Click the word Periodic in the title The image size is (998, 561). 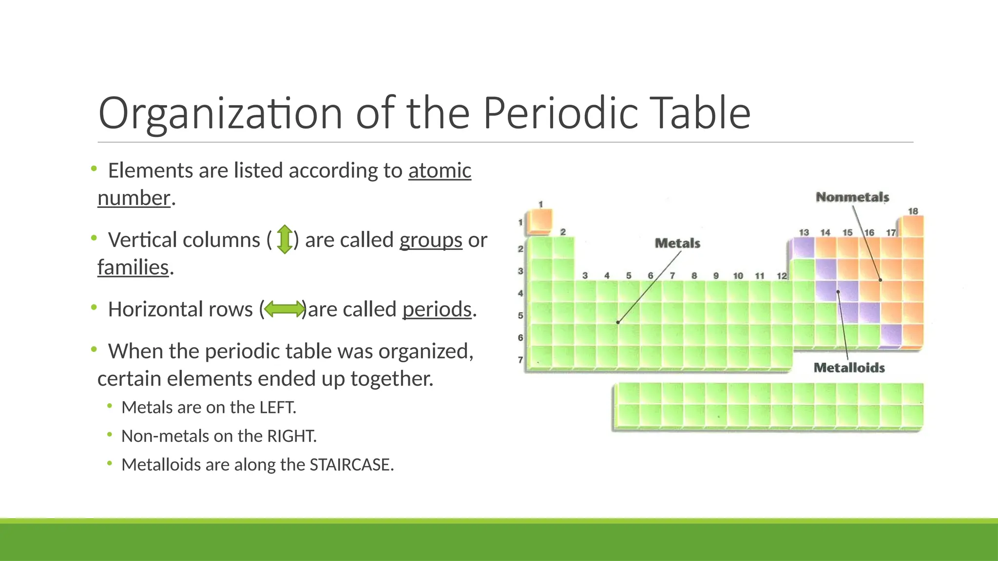pyautogui.click(x=560, y=113)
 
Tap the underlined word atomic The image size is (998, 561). pyautogui.click(x=440, y=171)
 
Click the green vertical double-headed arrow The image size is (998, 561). pyautogui.click(x=285, y=240)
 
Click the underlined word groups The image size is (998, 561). pyautogui.click(x=431, y=240)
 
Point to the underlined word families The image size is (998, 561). pyautogui.click(x=133, y=267)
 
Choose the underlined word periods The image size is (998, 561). pyautogui.click(x=437, y=309)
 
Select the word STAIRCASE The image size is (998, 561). pyautogui.click(x=351, y=465)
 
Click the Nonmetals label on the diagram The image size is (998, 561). pyautogui.click(x=852, y=197)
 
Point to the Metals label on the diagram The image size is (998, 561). pyautogui.click(x=677, y=243)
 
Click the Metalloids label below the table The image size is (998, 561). pyautogui.click(x=849, y=368)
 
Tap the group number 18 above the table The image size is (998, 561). pyautogui.click(x=913, y=211)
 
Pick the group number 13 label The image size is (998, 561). pyautogui.click(x=804, y=233)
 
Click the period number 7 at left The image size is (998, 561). pyautogui.click(x=520, y=360)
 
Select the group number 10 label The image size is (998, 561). pyautogui.click(x=738, y=276)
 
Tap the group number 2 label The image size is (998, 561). pyautogui.click(x=563, y=232)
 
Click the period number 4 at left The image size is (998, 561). pyautogui.click(x=520, y=293)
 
